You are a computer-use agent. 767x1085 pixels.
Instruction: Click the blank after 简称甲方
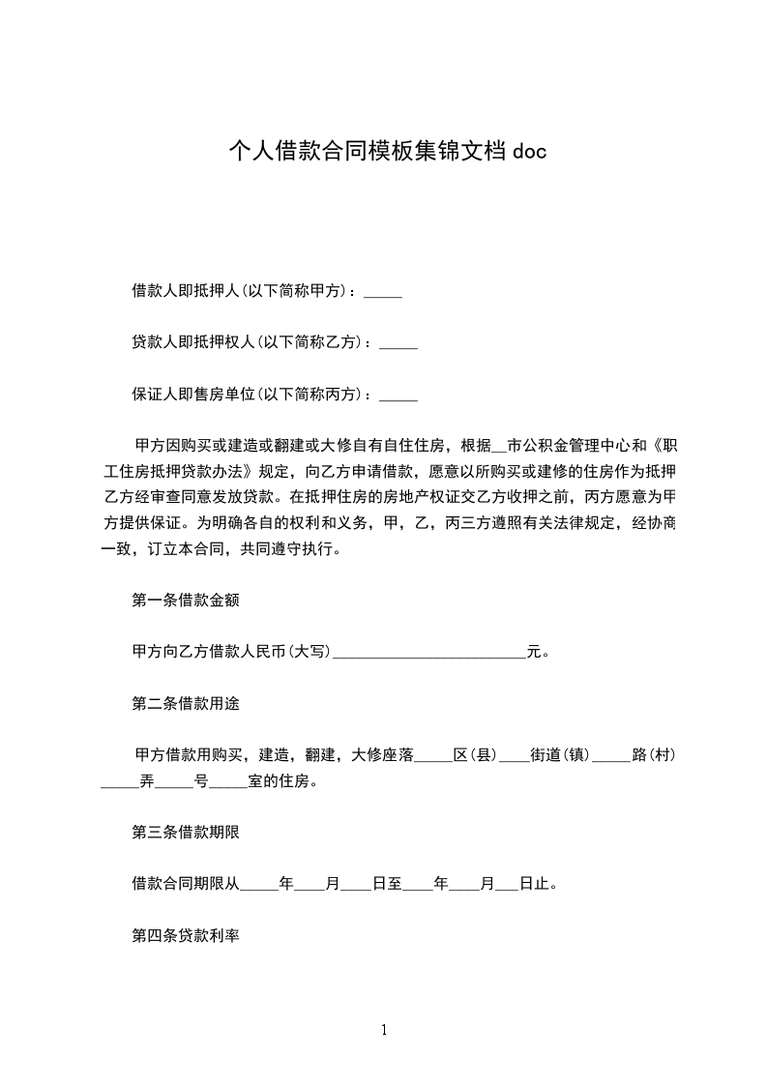tap(384, 292)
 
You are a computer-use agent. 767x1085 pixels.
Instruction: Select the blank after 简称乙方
tap(399, 344)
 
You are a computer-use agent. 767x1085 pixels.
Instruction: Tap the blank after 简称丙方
tap(399, 396)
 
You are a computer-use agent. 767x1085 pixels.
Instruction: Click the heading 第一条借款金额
tap(186, 601)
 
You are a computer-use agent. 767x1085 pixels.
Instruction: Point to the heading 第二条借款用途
tap(186, 704)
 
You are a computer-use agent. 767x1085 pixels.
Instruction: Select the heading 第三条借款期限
tap(186, 832)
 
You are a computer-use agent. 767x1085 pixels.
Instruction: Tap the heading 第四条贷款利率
tap(186, 936)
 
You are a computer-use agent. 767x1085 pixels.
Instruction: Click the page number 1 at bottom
tap(384, 1030)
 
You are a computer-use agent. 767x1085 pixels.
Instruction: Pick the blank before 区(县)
tap(434, 756)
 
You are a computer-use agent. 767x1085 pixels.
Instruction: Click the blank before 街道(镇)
tap(515, 756)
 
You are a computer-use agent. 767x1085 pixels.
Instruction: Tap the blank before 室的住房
tap(229, 782)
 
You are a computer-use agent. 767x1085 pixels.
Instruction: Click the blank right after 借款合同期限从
tap(258, 885)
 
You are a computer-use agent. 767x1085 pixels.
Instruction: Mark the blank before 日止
tap(508, 885)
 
